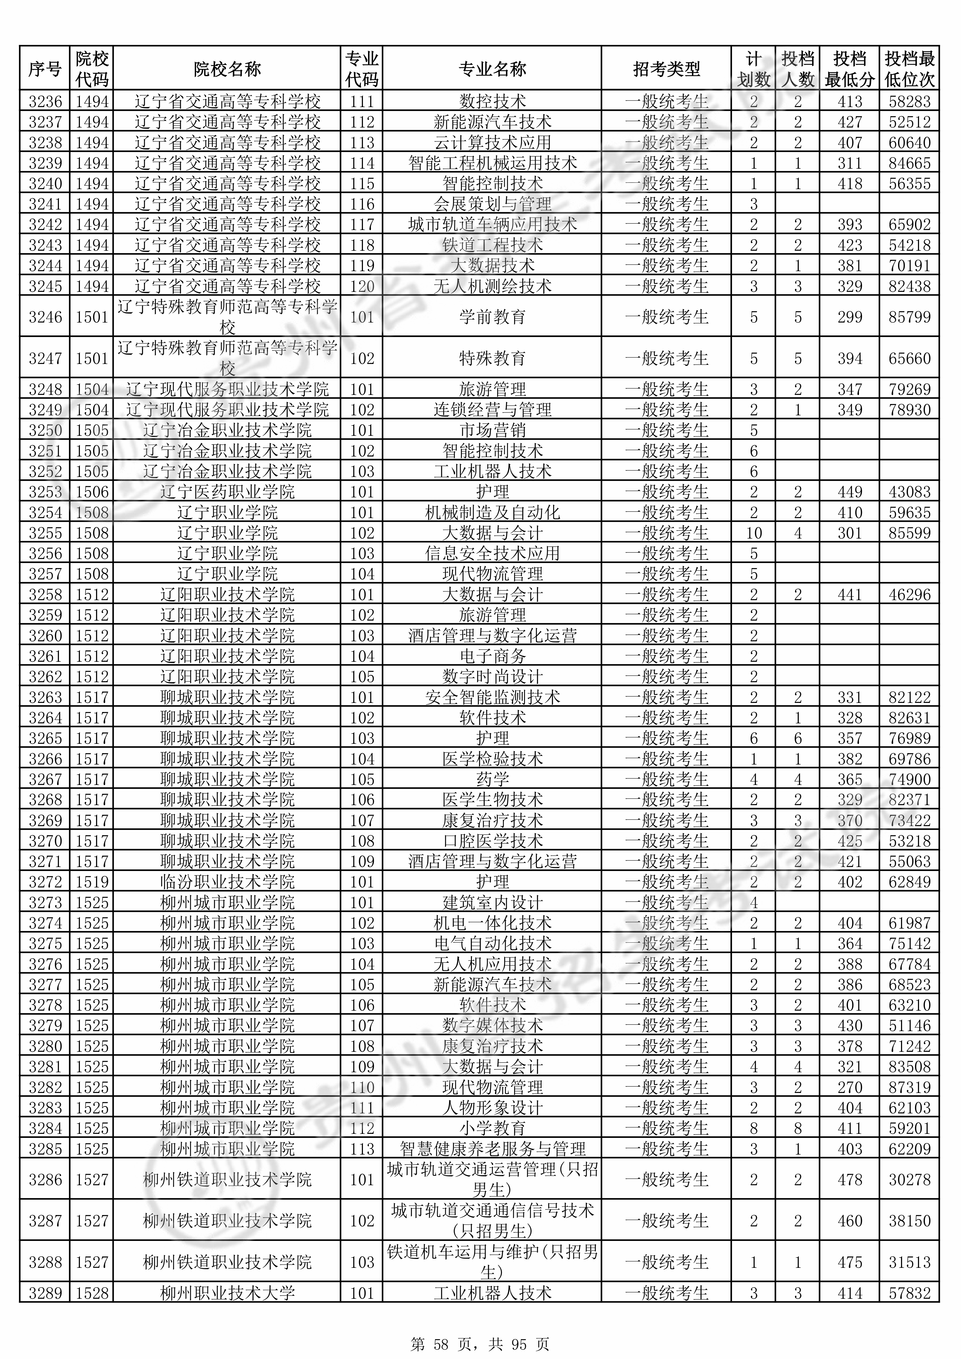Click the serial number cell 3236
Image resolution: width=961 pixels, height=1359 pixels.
[45, 101]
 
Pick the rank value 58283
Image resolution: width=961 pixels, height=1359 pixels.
[910, 101]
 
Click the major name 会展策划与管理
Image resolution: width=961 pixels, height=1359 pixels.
[492, 204]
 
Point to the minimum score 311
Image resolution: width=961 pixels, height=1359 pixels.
[850, 163]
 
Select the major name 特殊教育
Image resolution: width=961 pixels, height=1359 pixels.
[492, 358]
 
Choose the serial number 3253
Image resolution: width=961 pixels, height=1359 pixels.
[45, 492]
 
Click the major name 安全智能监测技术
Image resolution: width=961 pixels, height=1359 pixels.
[492, 697]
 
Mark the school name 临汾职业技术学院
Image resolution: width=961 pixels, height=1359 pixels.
[227, 882]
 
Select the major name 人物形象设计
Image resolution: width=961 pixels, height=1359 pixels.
[492, 1108]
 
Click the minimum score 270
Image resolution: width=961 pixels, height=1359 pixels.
[850, 1087]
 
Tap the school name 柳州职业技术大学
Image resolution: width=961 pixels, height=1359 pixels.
[227, 1293]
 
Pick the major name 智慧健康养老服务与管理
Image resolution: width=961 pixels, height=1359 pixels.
[492, 1149]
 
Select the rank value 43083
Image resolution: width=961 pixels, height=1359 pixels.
[910, 492]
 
